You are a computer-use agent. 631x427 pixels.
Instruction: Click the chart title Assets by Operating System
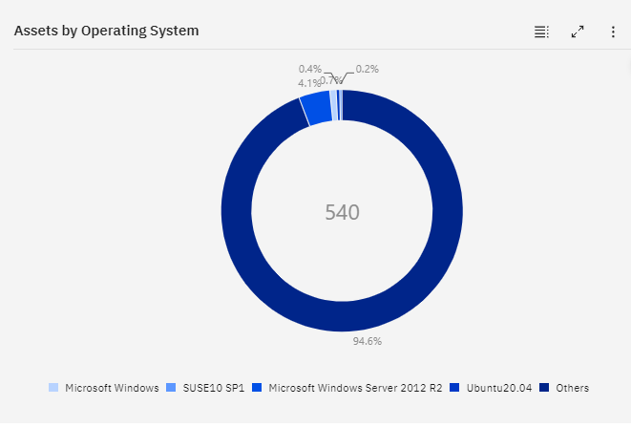tap(106, 31)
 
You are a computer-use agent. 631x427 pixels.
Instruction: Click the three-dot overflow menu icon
tap(613, 32)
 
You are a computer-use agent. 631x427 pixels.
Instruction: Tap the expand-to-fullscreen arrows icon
tap(578, 32)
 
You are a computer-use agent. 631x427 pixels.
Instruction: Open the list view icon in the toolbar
tap(541, 32)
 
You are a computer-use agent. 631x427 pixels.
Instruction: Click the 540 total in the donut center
tap(342, 212)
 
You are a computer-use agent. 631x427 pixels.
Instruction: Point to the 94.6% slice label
tap(368, 341)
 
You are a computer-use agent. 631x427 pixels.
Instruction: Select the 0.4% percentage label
tap(310, 69)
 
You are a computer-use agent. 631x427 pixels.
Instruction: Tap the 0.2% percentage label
tap(368, 69)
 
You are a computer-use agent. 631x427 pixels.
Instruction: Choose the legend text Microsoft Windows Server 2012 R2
tap(355, 388)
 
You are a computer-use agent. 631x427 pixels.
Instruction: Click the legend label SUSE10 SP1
tap(214, 388)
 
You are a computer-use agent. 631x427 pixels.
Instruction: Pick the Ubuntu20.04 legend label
tap(498, 388)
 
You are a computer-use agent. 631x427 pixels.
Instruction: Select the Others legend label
tap(573, 388)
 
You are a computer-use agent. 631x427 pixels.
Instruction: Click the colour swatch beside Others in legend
tap(544, 388)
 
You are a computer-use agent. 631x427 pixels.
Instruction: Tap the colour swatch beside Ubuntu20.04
tap(454, 388)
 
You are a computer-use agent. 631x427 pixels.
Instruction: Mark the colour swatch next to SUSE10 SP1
tap(171, 388)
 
